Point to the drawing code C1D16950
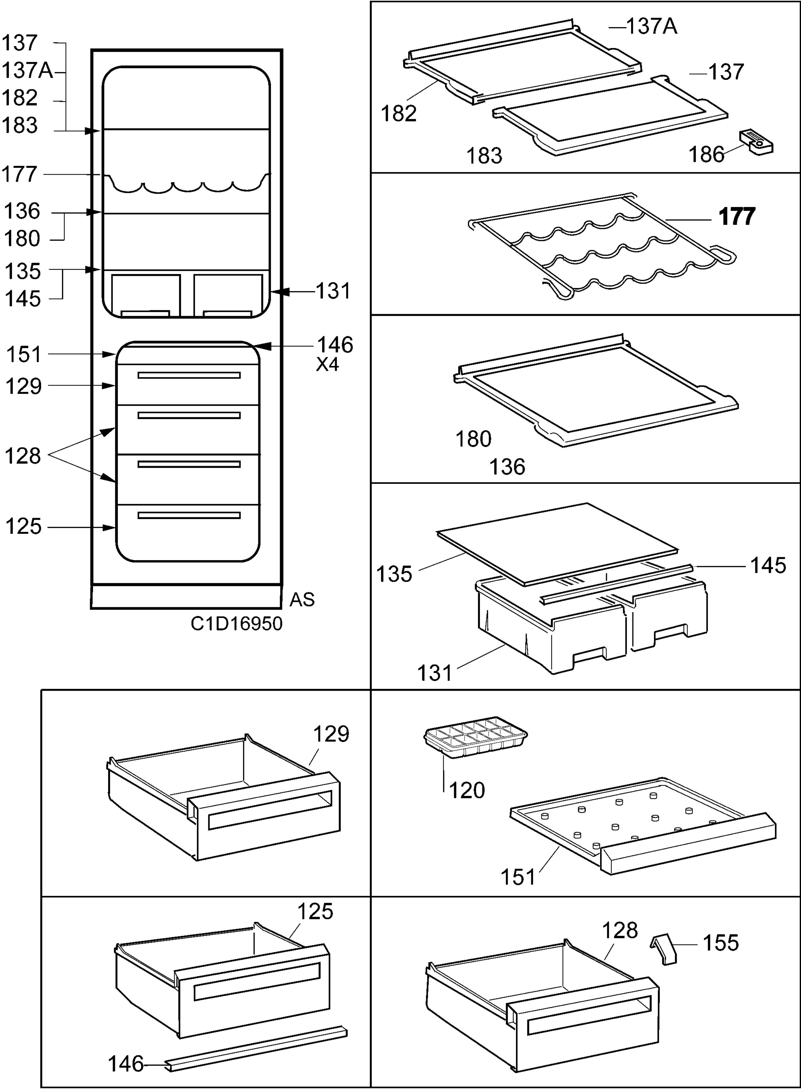pos(236,624)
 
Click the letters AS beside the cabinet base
pos(302,600)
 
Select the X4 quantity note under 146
pos(327,364)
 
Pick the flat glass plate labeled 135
pos(557,544)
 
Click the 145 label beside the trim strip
pos(768,565)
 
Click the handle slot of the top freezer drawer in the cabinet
pos(189,375)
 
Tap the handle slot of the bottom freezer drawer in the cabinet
pos(189,515)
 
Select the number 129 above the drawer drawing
pos(331,734)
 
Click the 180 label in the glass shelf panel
pos(473,439)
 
